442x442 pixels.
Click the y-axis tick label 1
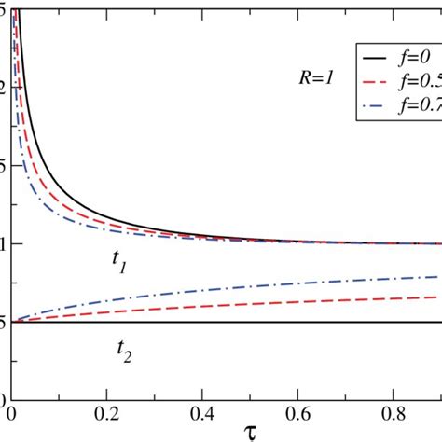click(5, 243)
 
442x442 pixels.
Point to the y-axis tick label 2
click(5, 87)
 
